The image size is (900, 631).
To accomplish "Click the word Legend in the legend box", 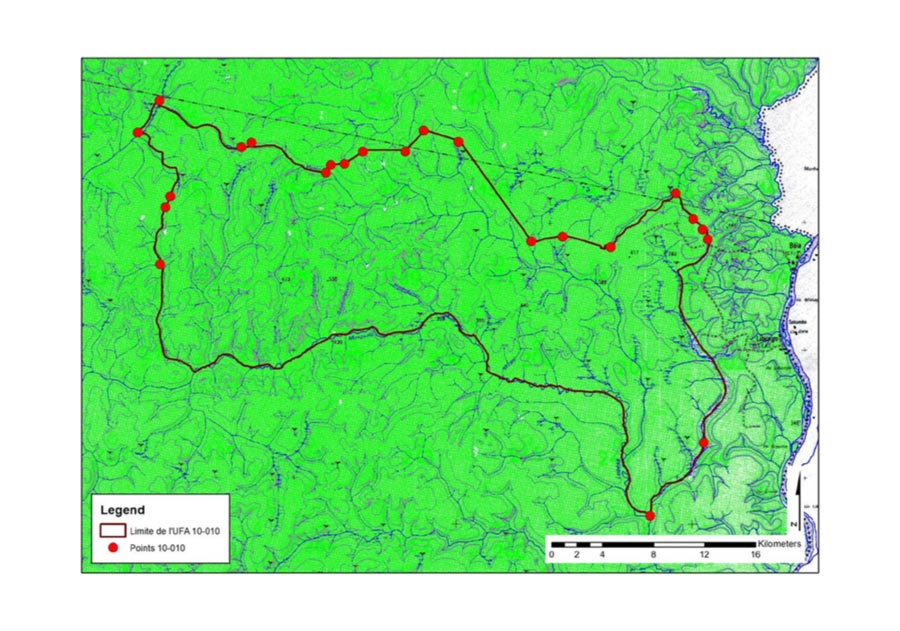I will tap(122, 510).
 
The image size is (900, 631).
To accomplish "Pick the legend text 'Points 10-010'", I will tap(158, 548).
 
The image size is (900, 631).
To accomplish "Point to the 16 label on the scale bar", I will tap(756, 555).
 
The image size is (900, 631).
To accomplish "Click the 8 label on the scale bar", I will tap(654, 555).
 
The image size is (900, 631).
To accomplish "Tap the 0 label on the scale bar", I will tap(551, 555).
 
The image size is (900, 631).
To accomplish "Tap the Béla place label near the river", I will tap(796, 243).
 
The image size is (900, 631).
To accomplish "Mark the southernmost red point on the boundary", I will tap(650, 516).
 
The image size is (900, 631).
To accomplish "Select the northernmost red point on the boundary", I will tap(160, 100).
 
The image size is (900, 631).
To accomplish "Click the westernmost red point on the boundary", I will tap(138, 132).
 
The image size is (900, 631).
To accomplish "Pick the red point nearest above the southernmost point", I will tap(703, 442).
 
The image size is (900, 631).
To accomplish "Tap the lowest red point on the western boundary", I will tap(160, 264).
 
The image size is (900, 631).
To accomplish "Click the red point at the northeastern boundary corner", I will tap(675, 193).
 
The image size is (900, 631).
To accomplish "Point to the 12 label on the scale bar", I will tap(705, 555).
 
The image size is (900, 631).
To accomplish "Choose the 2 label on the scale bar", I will tap(577, 555).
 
